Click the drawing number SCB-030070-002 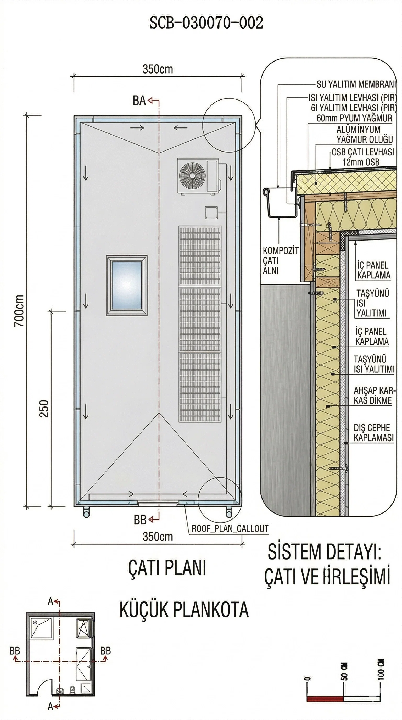pyautogui.click(x=206, y=23)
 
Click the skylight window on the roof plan pyautogui.click(x=127, y=285)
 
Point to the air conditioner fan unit pyautogui.click(x=198, y=176)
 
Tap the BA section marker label pyautogui.click(x=139, y=101)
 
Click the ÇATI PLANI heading pyautogui.click(x=167, y=568)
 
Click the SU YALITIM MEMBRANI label pyautogui.click(x=356, y=84)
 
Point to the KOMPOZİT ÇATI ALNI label pyautogui.click(x=280, y=260)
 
